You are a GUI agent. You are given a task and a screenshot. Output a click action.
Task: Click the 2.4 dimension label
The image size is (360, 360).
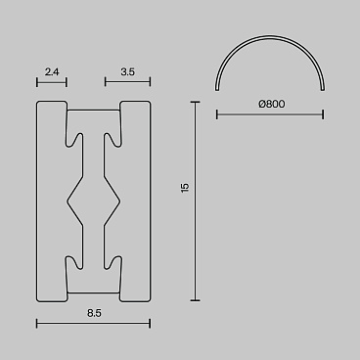52,71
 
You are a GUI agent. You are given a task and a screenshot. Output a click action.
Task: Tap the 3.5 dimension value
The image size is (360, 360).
127,71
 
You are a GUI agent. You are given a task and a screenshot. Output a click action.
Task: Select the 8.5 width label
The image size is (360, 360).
94,313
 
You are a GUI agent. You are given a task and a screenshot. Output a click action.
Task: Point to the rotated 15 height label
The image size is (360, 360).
185,188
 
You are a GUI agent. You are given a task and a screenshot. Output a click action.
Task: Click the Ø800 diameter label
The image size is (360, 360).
272,104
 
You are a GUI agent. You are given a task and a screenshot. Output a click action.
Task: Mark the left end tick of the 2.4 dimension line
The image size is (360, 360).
37,82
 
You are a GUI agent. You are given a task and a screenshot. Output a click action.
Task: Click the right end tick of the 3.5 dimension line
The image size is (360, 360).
150,82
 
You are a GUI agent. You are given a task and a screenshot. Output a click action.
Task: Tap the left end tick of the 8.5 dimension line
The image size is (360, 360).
37,324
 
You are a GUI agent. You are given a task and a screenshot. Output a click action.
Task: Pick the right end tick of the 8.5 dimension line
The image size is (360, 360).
150,324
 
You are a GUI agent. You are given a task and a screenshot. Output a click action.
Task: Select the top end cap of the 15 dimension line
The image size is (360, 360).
195,103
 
